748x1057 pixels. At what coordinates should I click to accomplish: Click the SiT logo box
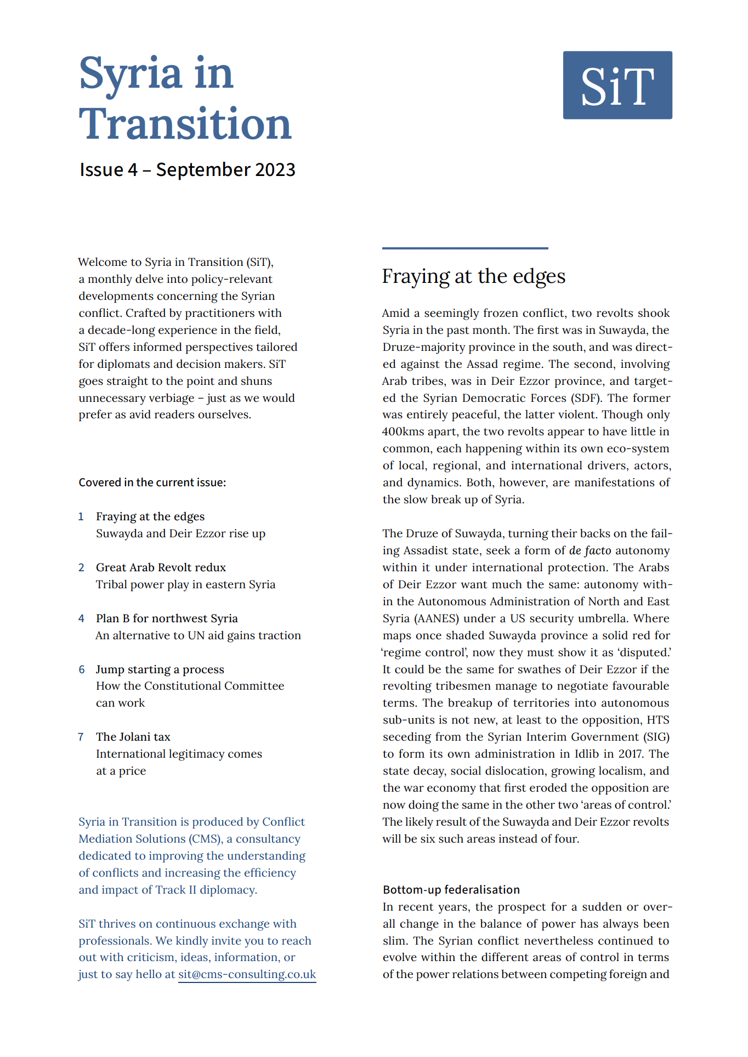(617, 85)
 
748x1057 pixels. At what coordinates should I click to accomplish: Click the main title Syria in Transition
(185, 99)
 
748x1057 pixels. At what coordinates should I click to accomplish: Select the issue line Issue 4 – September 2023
(187, 170)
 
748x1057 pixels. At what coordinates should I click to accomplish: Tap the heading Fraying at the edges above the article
(473, 276)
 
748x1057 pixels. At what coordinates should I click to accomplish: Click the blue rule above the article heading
(465, 248)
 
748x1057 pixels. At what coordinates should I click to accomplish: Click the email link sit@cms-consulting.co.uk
(247, 974)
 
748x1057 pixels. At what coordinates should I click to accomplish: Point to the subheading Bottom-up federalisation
(451, 889)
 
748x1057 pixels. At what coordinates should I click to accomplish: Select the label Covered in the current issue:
(152, 482)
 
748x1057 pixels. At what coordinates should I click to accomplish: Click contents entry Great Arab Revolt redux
(161, 567)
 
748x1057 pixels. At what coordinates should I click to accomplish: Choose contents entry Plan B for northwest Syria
(167, 618)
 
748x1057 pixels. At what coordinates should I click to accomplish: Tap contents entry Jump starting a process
(160, 669)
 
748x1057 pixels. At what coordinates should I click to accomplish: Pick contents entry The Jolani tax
(133, 737)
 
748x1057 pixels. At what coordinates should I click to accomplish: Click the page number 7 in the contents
(81, 737)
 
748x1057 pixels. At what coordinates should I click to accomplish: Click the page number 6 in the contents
(81, 669)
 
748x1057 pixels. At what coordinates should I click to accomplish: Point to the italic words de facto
(590, 550)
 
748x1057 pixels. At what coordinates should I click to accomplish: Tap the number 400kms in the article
(403, 432)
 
